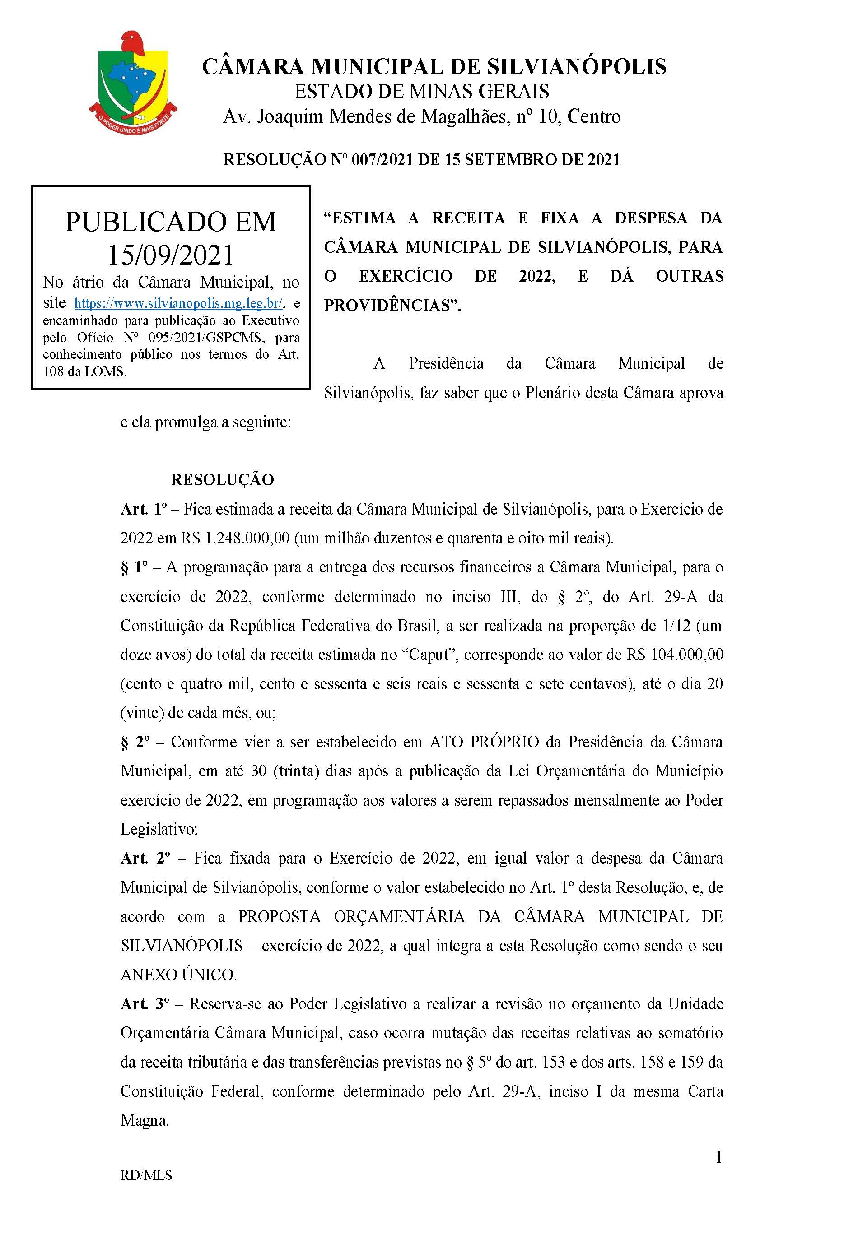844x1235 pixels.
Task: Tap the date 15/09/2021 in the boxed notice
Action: click(x=171, y=255)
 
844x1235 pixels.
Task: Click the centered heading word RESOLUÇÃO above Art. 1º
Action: click(x=222, y=479)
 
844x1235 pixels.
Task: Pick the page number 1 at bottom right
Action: click(x=718, y=1158)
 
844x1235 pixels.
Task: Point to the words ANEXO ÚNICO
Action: click(x=178, y=975)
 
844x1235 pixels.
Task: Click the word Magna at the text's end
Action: click(x=144, y=1121)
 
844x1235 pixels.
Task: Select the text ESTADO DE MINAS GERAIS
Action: click(x=421, y=91)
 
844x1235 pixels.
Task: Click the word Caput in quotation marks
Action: click(x=431, y=655)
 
